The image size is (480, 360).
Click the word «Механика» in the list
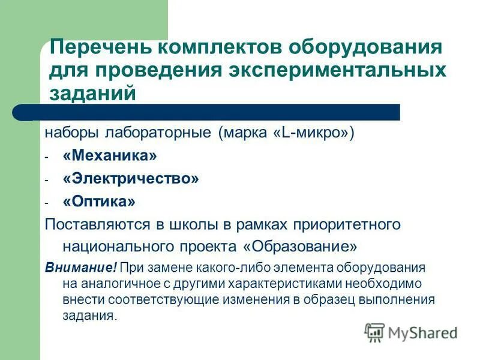pos(109,156)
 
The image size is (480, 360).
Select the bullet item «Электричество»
pos(130,179)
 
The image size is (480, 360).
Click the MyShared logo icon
pos(374,332)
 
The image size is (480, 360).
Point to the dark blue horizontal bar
pos(216,112)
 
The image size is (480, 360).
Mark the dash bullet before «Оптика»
pos(46,203)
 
